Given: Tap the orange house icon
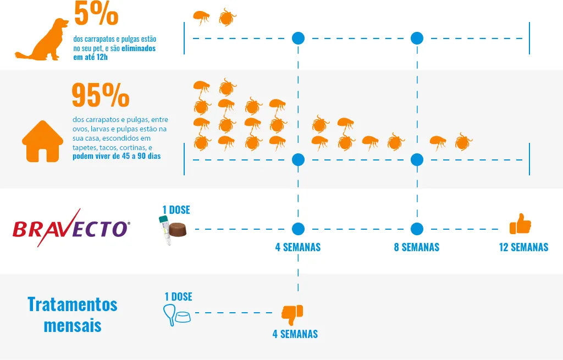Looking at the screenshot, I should [42, 141].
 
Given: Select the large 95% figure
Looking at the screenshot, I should [100, 96].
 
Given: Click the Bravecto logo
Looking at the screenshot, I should [71, 228].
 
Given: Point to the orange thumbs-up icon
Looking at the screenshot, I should [520, 224].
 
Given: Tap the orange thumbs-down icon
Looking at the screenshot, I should [292, 314].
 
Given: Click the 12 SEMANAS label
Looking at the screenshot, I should [523, 247].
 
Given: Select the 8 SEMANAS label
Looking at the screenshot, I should [417, 247].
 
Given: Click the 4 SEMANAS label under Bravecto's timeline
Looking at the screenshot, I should [298, 247].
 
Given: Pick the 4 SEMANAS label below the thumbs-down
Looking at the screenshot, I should [295, 334].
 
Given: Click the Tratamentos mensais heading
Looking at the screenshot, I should [73, 314].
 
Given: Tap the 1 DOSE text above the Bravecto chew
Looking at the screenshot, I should [176, 210].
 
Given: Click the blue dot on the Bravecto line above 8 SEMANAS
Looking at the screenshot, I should [417, 229].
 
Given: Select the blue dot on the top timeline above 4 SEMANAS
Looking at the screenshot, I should [298, 38].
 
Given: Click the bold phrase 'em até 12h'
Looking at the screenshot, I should [91, 57].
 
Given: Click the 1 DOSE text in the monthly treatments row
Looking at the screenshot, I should [178, 297].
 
